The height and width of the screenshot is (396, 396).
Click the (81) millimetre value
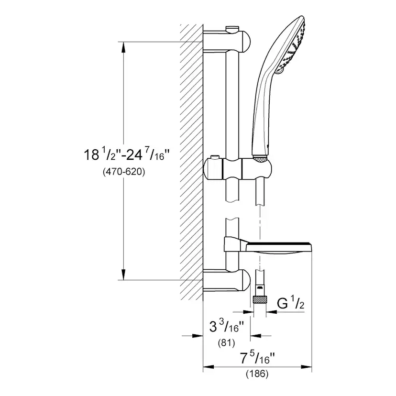tap(226, 342)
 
